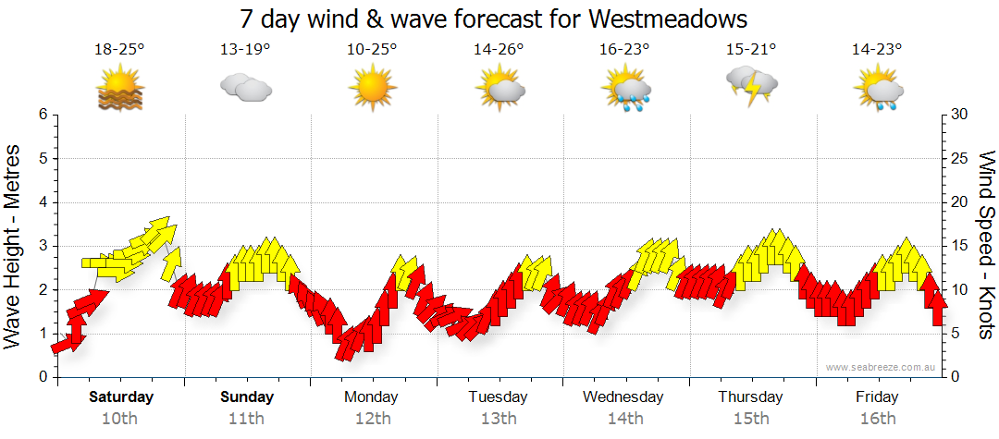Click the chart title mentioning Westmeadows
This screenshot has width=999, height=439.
pos(493,18)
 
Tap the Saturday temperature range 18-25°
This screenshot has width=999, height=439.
pos(119,49)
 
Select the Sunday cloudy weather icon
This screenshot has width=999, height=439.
pos(245,89)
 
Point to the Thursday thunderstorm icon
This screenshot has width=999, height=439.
pos(751,86)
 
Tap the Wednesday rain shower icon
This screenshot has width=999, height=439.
pos(626,90)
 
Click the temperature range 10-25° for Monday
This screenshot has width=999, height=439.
pos(372,49)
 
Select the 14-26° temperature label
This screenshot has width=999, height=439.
pos(499,49)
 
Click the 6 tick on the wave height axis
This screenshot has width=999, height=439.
pos(42,115)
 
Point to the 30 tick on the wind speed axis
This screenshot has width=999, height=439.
pos(960,115)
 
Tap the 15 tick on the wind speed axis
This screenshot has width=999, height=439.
pos(960,246)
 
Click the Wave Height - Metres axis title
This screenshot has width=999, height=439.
pos(14,246)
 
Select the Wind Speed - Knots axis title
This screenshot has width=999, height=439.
pos(985,246)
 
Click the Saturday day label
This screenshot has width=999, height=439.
pos(120,397)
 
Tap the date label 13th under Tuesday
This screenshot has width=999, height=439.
pos(499,419)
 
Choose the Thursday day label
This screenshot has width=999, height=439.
pos(751,397)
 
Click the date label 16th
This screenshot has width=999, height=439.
pos(877,419)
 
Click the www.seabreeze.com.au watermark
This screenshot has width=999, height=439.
pos(882,367)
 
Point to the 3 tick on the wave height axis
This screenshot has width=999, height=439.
pos(42,246)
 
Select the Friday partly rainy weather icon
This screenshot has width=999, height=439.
pos(878,90)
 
